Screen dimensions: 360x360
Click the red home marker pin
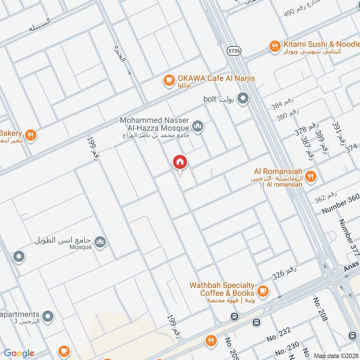pos(180,162)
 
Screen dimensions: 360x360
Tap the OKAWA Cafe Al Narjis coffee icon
pos(169,80)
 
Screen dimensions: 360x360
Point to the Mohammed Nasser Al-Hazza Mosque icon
pos(198,126)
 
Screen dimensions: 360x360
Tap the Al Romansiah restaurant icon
pos(310,176)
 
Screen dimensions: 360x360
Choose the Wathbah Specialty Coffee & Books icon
pos(263,290)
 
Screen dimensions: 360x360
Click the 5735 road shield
pos(234,51)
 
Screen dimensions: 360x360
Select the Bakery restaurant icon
pos(30,135)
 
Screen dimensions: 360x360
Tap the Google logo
pos(18,353)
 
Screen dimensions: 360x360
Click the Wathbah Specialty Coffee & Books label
pos(222,289)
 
